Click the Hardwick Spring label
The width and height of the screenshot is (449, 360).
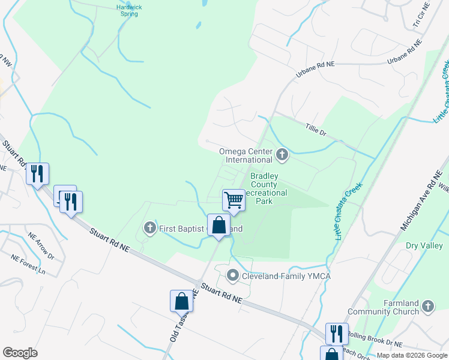coord(133,10)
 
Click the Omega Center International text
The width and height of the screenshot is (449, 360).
coord(246,155)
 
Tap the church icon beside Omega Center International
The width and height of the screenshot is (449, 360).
coord(282,156)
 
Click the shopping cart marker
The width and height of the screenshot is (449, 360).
coord(234,200)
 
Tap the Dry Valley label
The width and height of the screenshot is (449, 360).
coord(423,245)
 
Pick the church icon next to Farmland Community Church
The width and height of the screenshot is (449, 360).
coord(427,307)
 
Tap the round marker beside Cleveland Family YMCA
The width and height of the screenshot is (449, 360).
coord(233,276)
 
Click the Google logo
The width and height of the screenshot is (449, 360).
coord(20,352)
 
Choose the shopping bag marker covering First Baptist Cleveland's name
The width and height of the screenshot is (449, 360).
coord(219,226)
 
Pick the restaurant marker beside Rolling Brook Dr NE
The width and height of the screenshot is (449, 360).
coord(336,334)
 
